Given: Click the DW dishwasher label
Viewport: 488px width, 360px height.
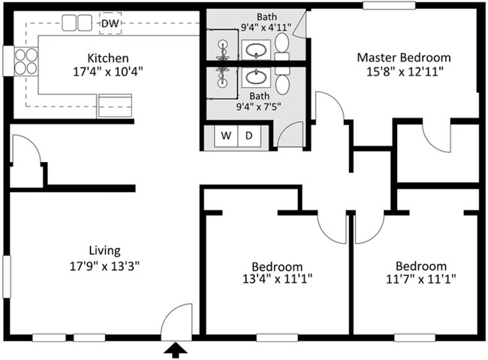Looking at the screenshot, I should [x=110, y=23].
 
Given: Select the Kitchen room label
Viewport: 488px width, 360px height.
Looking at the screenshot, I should [x=108, y=58].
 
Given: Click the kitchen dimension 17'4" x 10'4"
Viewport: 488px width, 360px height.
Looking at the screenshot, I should [x=108, y=72].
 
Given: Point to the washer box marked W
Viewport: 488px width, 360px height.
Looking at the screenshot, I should [x=225, y=136].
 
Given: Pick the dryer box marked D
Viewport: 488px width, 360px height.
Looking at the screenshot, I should [x=250, y=136].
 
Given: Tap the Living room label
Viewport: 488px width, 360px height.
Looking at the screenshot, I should [x=105, y=250].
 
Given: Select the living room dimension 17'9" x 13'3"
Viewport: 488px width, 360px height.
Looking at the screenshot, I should [x=105, y=265].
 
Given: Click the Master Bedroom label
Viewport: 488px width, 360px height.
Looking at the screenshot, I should [x=403, y=58].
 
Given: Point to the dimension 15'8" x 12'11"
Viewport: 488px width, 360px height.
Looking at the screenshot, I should [x=403, y=72].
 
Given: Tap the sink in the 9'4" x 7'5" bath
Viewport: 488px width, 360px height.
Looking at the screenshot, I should [x=255, y=77].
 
